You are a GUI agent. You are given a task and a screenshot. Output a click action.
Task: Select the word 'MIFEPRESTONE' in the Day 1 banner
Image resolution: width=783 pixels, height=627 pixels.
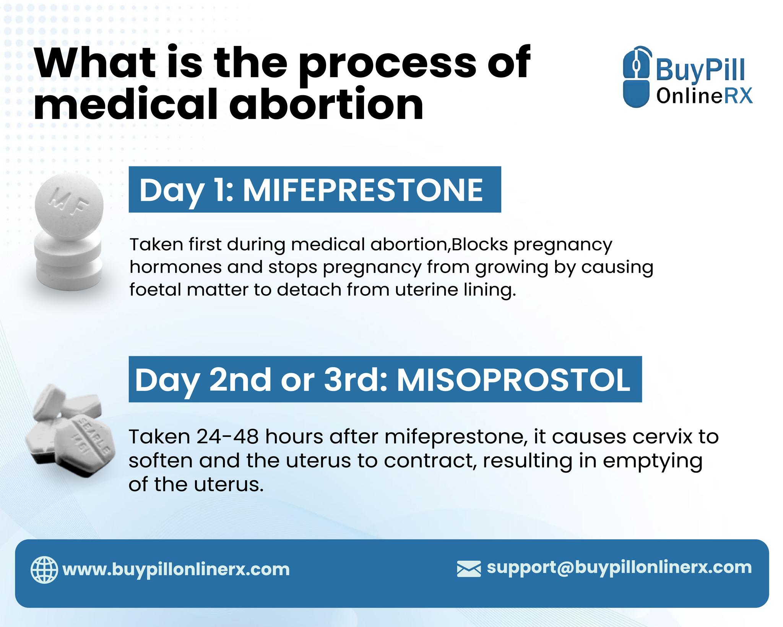tap(363, 190)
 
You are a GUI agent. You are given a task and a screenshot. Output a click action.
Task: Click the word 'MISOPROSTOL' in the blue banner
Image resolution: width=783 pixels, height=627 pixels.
tap(513, 380)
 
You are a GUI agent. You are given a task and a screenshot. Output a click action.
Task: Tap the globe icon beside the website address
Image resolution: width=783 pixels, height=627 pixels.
tap(44, 570)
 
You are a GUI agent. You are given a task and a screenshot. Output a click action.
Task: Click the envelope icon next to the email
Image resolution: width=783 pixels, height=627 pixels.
tap(469, 568)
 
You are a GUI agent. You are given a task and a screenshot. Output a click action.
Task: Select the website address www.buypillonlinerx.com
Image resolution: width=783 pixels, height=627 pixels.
tap(176, 570)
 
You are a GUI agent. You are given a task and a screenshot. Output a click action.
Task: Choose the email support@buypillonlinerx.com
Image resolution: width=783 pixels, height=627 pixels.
tap(619, 567)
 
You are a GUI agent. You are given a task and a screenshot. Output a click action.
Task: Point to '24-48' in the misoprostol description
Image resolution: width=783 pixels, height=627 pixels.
tap(228, 437)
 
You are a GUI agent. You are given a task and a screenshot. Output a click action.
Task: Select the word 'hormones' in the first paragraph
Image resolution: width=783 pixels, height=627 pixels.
tap(175, 267)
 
